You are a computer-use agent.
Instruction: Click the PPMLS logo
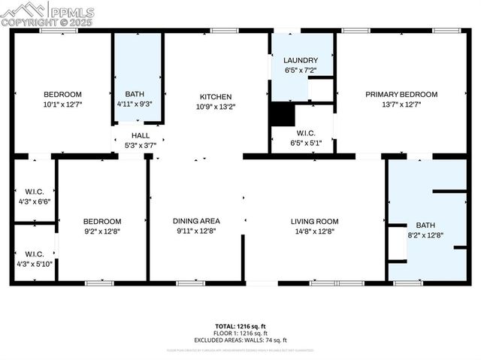point(48,14)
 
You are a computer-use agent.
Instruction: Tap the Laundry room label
point(301,60)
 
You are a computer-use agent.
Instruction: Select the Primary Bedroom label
point(401,95)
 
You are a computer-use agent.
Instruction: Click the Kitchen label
point(215,97)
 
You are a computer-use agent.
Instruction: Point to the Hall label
point(141,135)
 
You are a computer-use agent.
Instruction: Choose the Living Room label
point(315,222)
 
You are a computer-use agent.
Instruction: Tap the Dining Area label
point(196,221)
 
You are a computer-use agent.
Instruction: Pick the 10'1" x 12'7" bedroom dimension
point(62,104)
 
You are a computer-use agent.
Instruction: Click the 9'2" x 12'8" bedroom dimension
point(102,231)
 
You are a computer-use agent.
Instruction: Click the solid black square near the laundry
point(283,115)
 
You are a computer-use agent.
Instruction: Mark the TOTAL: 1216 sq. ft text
point(240,326)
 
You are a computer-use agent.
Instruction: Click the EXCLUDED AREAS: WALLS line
point(240,340)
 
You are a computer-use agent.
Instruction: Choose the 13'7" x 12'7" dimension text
point(401,104)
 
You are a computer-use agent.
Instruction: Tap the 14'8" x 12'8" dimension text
point(315,231)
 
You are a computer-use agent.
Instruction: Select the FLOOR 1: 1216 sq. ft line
point(240,333)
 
